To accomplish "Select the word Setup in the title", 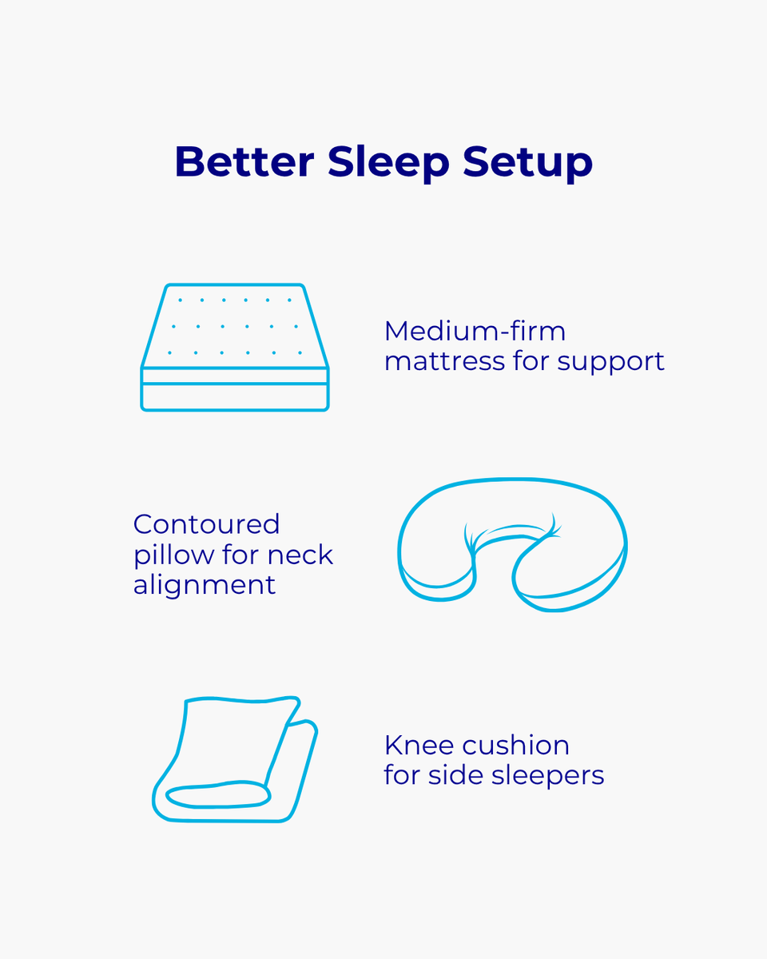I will click(x=528, y=163).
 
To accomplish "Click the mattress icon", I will click(x=235, y=348).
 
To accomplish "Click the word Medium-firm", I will click(x=475, y=331).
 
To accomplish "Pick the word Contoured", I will click(x=206, y=524).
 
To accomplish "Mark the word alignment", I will click(x=205, y=585).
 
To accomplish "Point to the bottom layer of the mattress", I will click(x=235, y=397).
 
